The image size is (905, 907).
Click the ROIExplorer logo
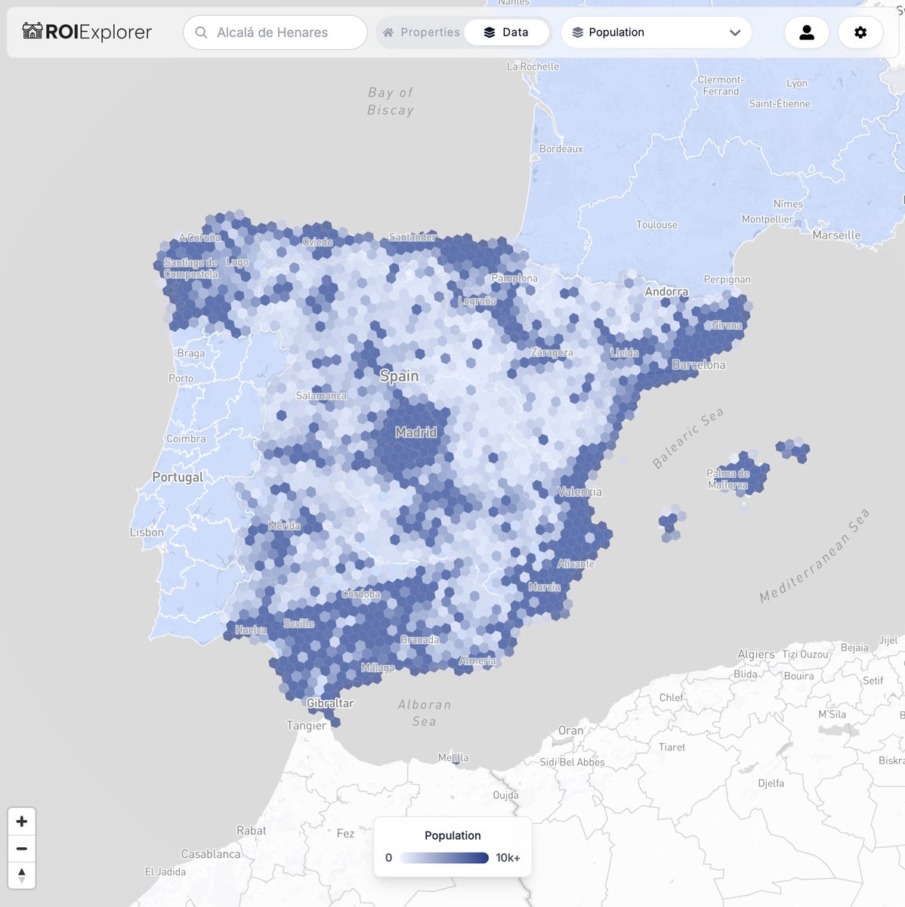(x=87, y=33)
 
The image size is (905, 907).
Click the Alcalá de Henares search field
(x=275, y=33)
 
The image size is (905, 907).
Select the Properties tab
(x=421, y=33)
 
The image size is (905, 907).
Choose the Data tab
(x=506, y=33)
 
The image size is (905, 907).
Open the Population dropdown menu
(x=656, y=33)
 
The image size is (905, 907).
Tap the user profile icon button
(x=806, y=33)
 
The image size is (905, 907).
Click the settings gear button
(x=860, y=33)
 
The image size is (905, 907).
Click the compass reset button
(x=22, y=875)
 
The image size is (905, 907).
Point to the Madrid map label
(x=415, y=432)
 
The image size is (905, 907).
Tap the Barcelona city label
(x=698, y=364)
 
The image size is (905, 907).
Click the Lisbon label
(x=147, y=532)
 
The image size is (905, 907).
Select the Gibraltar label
(x=330, y=703)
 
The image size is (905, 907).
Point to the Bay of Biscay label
(x=391, y=101)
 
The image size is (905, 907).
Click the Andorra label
(x=666, y=292)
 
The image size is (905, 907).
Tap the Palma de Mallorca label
(x=727, y=479)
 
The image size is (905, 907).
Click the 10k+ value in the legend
(x=508, y=858)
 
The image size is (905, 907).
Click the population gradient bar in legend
(x=444, y=858)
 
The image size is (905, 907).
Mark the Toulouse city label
(x=656, y=224)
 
